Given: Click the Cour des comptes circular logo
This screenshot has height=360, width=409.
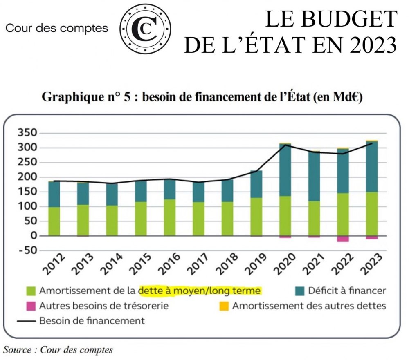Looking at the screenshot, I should (x=145, y=28).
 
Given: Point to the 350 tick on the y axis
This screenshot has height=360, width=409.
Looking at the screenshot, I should (x=28, y=133).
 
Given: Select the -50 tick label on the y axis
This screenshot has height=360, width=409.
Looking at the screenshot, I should (x=26, y=250).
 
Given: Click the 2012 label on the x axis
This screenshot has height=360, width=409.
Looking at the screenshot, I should (x=54, y=266).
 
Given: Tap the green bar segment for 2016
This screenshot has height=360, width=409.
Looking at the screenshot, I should (x=170, y=217).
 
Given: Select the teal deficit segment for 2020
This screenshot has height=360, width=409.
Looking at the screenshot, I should (x=285, y=170).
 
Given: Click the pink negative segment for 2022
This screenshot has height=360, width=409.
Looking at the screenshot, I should (x=343, y=239).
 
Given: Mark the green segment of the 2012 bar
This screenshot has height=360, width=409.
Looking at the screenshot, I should (x=54, y=221).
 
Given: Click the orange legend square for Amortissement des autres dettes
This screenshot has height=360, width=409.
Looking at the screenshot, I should (x=224, y=306).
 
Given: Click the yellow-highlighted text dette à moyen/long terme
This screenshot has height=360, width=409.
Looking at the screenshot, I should (x=200, y=291).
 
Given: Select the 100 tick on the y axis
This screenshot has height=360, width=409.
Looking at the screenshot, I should (x=28, y=206).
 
